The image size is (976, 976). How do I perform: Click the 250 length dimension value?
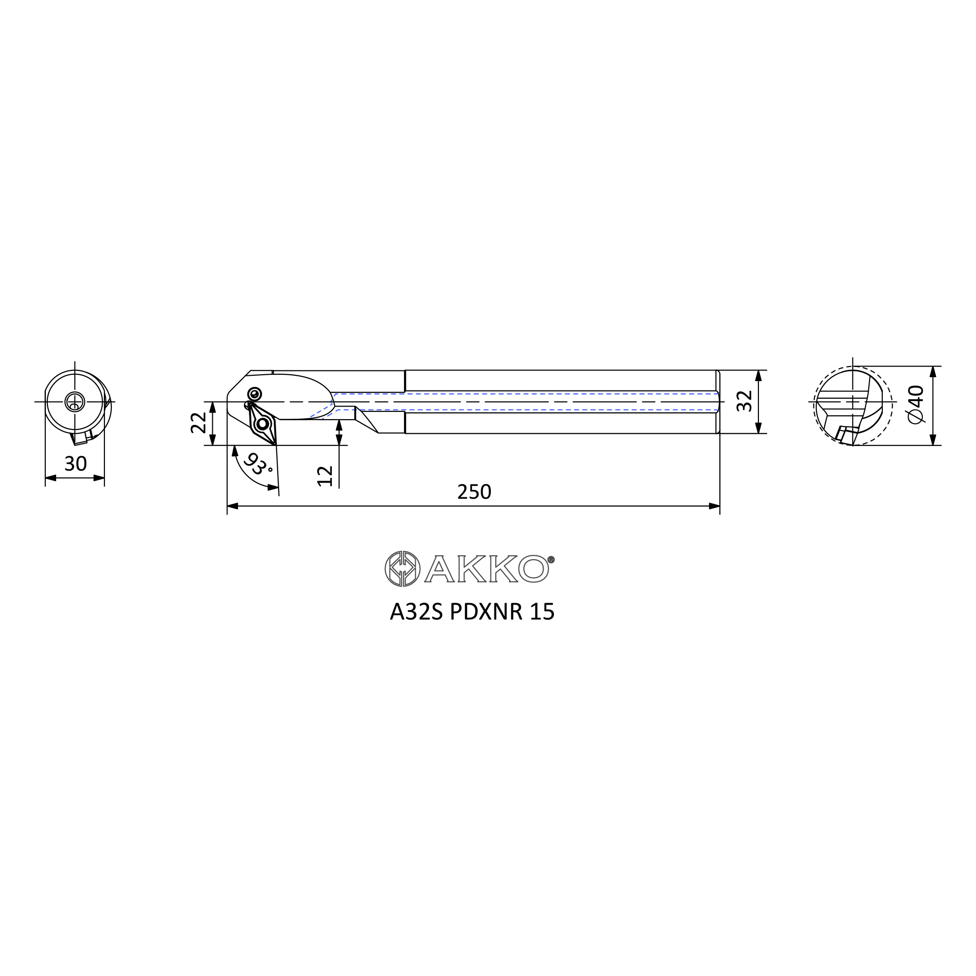(474, 492)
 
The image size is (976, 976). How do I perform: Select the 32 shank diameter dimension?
(745, 402)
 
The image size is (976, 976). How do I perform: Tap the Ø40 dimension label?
(915, 404)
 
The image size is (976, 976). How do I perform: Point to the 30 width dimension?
(76, 464)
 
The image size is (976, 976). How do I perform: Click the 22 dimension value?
(199, 423)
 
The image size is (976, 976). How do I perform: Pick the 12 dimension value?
(325, 476)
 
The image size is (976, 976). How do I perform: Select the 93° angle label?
(258, 464)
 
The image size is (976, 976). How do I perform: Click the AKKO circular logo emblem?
(402, 569)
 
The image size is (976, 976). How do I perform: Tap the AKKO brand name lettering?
(487, 569)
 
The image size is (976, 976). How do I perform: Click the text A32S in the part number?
(416, 612)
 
